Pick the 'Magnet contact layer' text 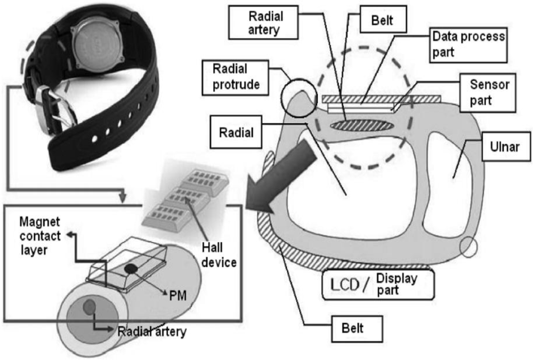pyautogui.click(x=40, y=235)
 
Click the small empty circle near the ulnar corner pyautogui.click(x=467, y=249)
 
